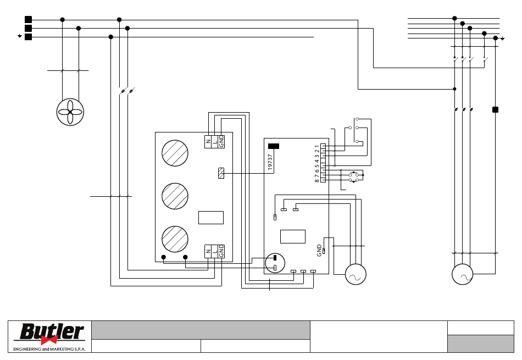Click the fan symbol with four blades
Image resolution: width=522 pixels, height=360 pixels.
[70, 112]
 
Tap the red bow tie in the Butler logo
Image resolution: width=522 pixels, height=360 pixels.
[49, 340]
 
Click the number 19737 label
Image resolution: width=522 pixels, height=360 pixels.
[270, 162]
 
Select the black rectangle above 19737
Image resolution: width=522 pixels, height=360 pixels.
[274, 146]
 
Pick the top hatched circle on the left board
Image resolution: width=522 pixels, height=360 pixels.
[175, 153]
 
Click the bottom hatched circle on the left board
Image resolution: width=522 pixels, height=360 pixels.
[175, 239]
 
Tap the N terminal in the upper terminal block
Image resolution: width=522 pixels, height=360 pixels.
[208, 142]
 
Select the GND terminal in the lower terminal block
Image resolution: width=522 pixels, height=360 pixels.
[221, 251]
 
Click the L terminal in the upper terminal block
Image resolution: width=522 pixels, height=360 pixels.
[215, 142]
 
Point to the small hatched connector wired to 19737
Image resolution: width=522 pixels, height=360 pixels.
[221, 173]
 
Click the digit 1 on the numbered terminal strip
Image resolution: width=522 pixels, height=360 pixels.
[317, 146]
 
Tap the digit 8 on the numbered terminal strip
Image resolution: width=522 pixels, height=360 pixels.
[317, 181]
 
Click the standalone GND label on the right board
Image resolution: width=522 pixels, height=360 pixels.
[319, 251]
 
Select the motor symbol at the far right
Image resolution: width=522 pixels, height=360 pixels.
[462, 274]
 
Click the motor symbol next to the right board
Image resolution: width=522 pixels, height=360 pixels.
[356, 274]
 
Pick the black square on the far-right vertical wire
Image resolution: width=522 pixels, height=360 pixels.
[496, 109]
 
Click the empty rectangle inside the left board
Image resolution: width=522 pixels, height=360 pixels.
[211, 218]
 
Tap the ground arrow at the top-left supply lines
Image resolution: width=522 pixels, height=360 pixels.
[20, 36]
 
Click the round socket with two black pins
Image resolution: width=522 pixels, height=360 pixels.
[275, 263]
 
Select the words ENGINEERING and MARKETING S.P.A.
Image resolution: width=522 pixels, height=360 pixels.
[49, 349]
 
